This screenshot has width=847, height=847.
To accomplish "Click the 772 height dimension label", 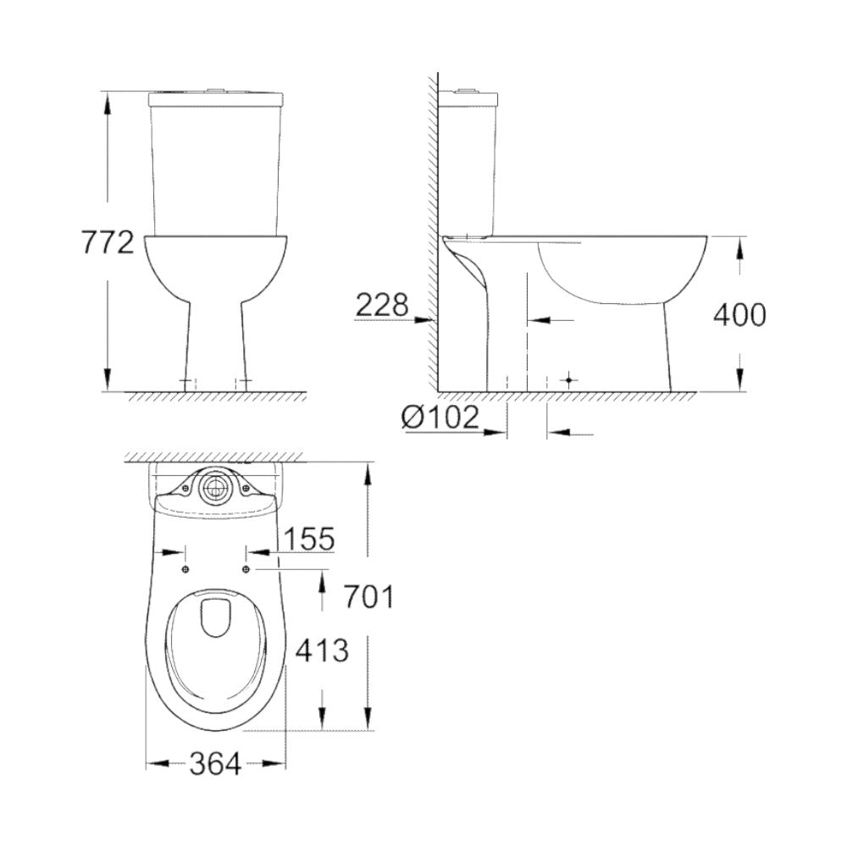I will coord(108,243).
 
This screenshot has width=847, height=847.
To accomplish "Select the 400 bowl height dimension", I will coord(739,315).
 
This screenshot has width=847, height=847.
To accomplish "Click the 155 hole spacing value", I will coord(308,538).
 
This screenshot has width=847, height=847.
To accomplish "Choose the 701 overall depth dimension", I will coord(368,597).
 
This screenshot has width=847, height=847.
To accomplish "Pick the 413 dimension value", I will coord(321,650).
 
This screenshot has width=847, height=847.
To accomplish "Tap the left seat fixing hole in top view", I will coord(185,568).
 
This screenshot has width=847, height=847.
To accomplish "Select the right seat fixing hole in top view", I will coord(246,568).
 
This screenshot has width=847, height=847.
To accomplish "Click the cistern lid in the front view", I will coord(216,99).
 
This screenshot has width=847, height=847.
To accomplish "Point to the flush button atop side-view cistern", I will coord(465,88).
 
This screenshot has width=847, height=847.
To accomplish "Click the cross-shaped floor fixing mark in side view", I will coord(568,380).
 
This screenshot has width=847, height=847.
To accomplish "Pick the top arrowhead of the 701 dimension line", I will coord(368,471).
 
